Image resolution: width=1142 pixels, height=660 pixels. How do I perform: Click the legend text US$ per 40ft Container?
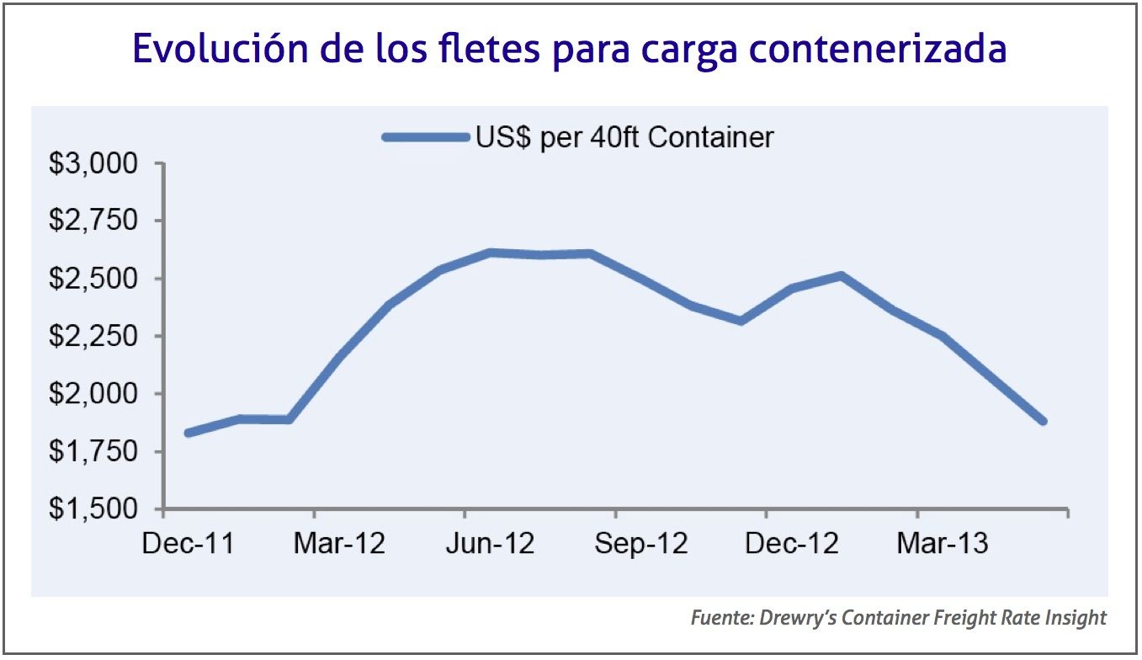point(624,137)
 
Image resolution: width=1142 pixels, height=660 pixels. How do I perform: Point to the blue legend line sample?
point(425,137)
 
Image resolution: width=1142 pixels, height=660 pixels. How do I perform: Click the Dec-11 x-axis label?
point(189,544)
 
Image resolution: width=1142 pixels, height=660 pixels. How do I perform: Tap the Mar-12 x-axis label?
point(339,544)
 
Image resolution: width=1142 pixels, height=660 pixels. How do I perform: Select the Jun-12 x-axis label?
point(489,544)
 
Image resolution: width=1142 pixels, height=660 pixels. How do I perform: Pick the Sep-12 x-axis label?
point(640,544)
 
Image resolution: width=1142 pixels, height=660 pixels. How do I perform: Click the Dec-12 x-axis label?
point(792,544)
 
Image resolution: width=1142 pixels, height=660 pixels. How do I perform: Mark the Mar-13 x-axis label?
point(942,544)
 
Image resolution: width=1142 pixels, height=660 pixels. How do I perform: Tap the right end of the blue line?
point(1042,420)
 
